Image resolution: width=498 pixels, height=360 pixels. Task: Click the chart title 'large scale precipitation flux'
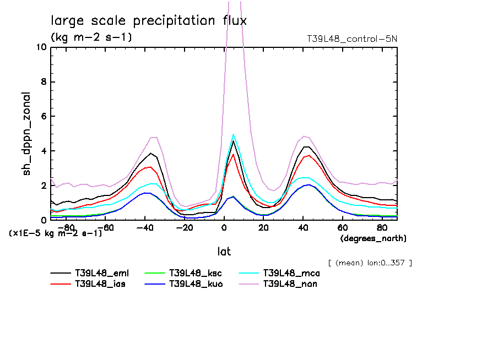coord(149,21)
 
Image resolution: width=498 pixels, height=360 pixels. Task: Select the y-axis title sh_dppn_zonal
coord(26,134)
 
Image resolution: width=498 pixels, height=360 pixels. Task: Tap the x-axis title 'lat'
coord(224,252)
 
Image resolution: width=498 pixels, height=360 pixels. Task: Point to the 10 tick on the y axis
coord(41,47)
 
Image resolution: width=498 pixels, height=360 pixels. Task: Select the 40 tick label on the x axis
coord(302,227)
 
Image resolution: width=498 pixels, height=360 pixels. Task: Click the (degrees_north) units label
coord(373,238)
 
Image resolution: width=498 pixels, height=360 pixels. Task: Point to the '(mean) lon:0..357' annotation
coord(370,263)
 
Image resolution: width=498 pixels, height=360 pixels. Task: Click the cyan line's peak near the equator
coord(234,134)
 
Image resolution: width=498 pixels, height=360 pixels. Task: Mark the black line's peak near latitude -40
coord(150,153)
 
